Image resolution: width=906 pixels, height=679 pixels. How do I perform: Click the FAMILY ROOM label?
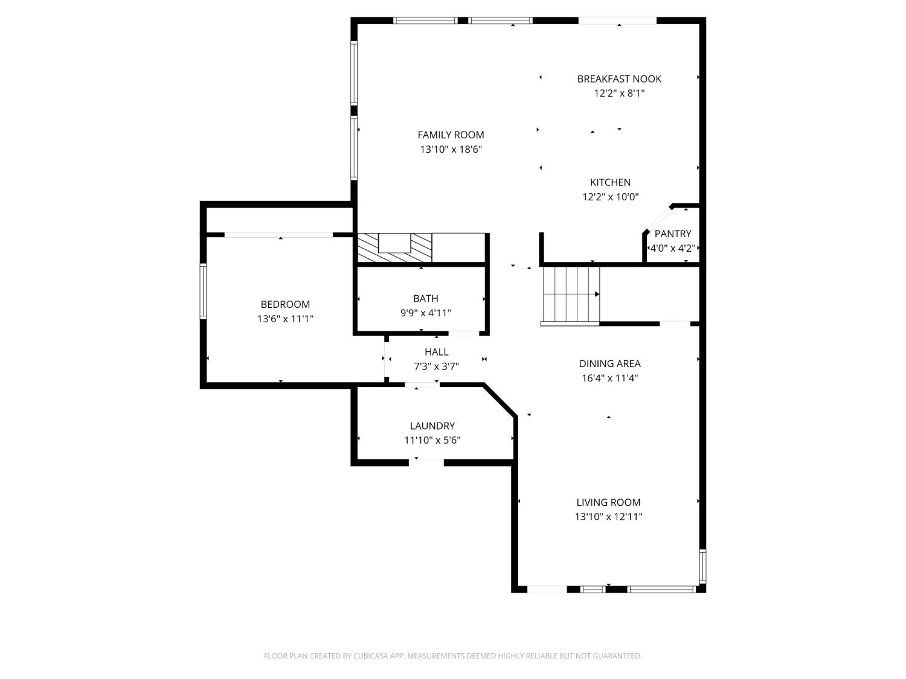point(451,135)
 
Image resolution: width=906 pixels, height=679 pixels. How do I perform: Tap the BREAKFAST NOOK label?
point(619,78)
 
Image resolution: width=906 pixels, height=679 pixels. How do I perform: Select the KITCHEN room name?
point(610,182)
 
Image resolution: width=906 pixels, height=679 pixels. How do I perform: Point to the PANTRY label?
point(672,234)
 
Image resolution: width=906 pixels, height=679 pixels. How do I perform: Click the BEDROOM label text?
point(285,304)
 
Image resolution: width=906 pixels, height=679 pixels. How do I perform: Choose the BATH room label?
point(425,298)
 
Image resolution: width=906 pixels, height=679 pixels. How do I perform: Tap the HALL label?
point(436,352)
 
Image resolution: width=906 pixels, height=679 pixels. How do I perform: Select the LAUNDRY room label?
point(432,426)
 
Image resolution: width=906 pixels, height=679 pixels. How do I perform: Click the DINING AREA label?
point(609,363)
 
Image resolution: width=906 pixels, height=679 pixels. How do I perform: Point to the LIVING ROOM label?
point(608,502)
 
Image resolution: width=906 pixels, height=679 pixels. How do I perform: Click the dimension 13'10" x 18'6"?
point(451,150)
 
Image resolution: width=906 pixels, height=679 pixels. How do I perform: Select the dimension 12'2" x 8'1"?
point(619,94)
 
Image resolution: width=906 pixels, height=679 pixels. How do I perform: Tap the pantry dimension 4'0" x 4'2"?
point(672,248)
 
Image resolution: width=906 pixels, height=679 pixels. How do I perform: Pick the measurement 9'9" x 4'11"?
point(425,313)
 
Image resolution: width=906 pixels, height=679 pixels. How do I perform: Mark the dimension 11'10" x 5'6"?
point(432,441)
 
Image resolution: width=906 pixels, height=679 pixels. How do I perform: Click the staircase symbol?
point(571,295)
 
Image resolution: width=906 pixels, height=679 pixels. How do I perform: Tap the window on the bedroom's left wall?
point(204,291)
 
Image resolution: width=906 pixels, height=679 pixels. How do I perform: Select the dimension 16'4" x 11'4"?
point(609,378)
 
